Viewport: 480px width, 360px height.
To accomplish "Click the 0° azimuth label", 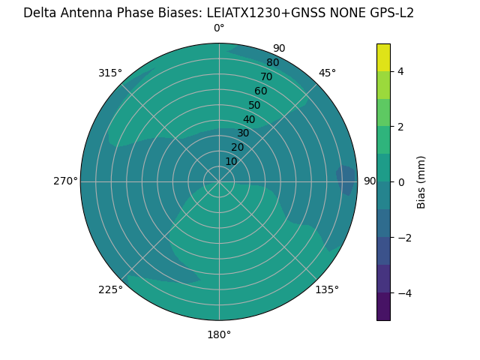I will pos(219,28).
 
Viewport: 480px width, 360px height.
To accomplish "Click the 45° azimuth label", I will pos(327,73).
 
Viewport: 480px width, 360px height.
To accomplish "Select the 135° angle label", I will pos(327,289).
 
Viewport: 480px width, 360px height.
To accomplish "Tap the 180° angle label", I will pos(219,334).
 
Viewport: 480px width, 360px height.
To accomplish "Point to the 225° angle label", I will pos(110,290).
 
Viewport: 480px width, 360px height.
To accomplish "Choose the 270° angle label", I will pos(65,181).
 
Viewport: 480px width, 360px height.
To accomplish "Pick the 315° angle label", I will pos(110,73).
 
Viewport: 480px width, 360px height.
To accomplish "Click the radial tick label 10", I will pos(231,161).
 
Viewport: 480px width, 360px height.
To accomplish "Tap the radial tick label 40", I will pos(249,119).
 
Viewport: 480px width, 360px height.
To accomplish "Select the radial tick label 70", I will pos(266,76).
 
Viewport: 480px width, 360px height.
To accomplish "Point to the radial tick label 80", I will pos(272,63).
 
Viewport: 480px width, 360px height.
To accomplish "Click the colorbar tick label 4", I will pos(400,71).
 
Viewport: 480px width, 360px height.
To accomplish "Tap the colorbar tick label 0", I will pos(400,182).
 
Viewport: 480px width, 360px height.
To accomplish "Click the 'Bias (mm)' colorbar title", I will pos(421,181).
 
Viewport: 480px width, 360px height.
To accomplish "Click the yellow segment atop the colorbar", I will pos(383,57).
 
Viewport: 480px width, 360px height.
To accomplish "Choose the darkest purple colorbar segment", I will pos(383,307).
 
